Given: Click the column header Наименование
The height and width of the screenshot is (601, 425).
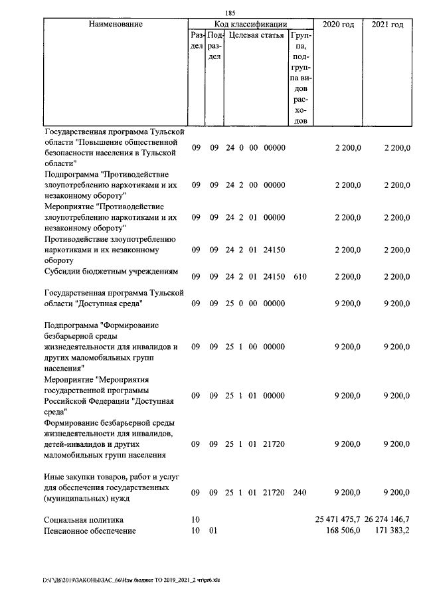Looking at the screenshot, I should coord(115,25).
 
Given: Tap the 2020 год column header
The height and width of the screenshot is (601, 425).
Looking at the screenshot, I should coord(338,25).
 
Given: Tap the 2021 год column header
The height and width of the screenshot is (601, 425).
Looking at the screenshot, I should coord(388,25).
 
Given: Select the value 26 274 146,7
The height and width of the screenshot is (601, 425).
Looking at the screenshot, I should coord(387,519).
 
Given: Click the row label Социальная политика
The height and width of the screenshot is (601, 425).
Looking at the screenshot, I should coord(84,519).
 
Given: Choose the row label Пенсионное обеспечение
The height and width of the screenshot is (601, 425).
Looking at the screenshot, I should coord(90,531).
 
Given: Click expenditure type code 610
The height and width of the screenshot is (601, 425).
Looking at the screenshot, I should coord(299,276).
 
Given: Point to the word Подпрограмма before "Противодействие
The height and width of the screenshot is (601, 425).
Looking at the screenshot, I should coord(72,174).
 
